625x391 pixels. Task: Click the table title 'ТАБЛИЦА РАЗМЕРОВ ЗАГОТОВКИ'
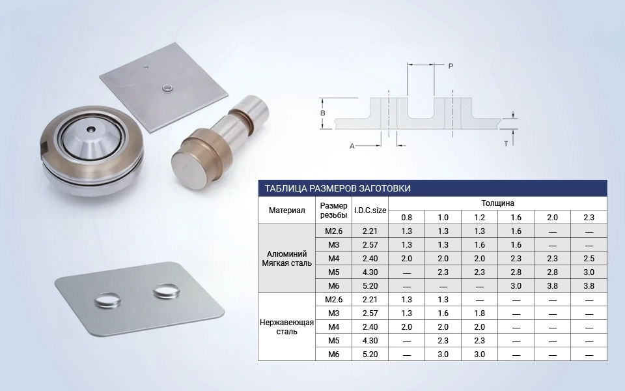[338, 188]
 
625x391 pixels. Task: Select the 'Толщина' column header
[497, 203]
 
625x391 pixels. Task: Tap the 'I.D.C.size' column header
[370, 210]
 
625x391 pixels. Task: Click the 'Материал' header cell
[286, 210]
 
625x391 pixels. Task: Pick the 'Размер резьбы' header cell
[333, 210]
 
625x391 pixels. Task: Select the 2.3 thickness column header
[589, 218]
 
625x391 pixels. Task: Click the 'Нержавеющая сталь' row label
[286, 326]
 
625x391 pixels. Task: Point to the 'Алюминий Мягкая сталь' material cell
[286, 258]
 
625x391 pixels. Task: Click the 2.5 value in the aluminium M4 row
[589, 259]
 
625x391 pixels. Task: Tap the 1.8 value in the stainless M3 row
[480, 313]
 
